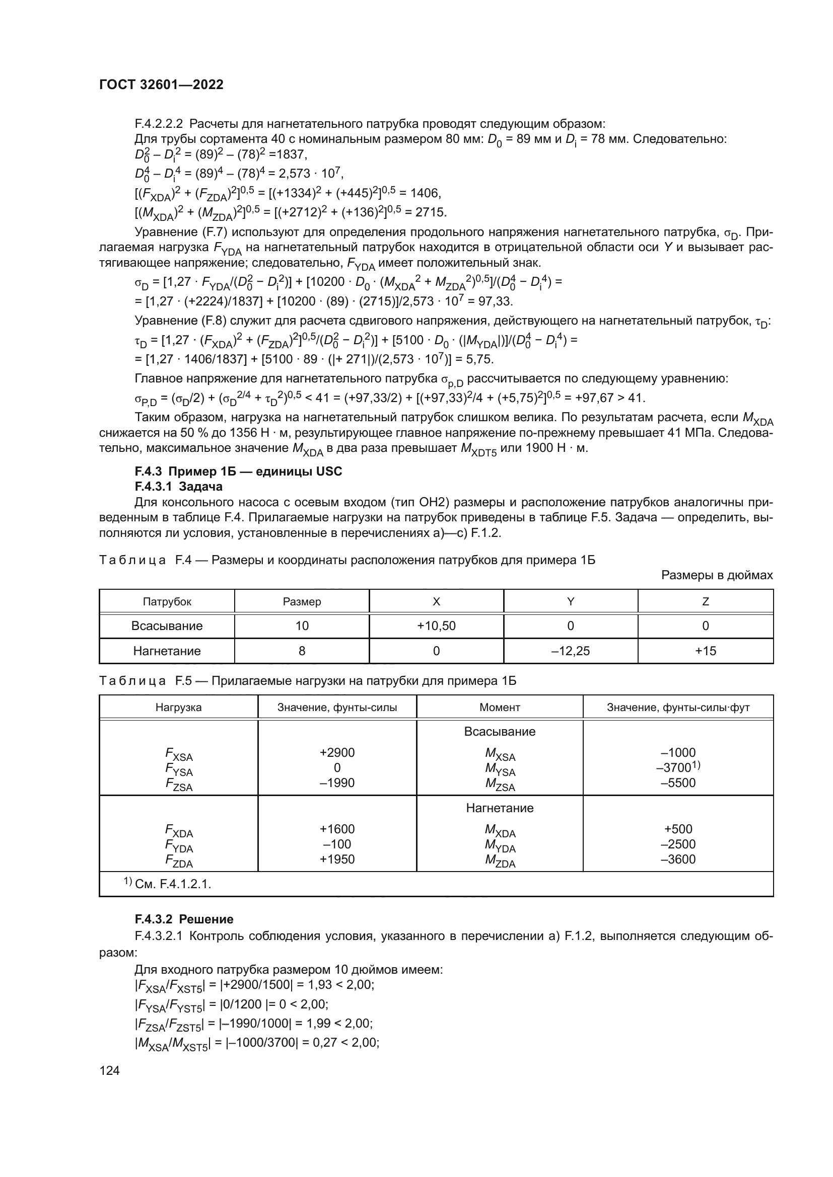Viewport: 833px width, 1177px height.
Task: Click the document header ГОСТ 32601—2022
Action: pyautogui.click(x=161, y=85)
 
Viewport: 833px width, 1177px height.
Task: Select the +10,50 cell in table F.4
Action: pyautogui.click(x=436, y=626)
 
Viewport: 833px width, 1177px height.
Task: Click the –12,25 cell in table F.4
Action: pyautogui.click(x=571, y=651)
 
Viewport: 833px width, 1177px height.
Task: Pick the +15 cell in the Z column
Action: pyautogui.click(x=705, y=651)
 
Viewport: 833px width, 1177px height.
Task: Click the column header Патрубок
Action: pyautogui.click(x=167, y=602)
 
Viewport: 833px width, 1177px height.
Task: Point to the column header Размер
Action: pyautogui.click(x=302, y=602)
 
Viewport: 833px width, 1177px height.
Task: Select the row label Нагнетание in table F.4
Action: pyautogui.click(x=167, y=651)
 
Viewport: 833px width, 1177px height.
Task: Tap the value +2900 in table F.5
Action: pyautogui.click(x=337, y=752)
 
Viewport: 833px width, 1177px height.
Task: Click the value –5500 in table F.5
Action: pyautogui.click(x=678, y=783)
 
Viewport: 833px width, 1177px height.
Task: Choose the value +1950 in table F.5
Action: pyautogui.click(x=337, y=859)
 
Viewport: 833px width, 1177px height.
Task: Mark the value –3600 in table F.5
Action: pyautogui.click(x=678, y=859)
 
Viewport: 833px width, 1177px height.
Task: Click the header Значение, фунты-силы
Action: pyautogui.click(x=337, y=708)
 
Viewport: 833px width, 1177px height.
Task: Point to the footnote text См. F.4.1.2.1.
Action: pyautogui.click(x=173, y=884)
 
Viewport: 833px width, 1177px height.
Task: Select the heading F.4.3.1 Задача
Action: pyautogui.click(x=178, y=487)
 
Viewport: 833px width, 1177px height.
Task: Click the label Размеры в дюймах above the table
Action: pyautogui.click(x=717, y=575)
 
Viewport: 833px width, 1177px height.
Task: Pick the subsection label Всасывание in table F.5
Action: pyautogui.click(x=500, y=732)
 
